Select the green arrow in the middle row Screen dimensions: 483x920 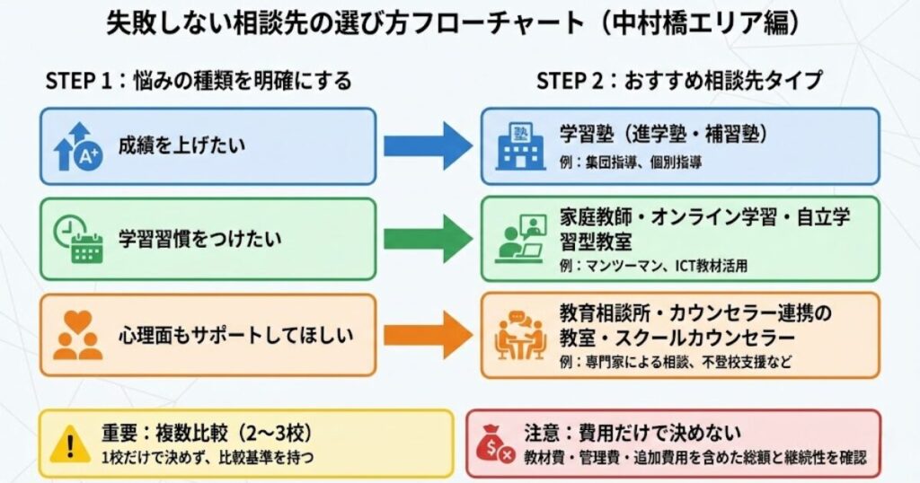pos(427,239)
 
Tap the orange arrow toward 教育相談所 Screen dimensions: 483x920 pos(427,335)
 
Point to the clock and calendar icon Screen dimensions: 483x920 pos(77,240)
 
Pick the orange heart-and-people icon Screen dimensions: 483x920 pos(77,336)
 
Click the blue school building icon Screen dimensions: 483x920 pos(520,146)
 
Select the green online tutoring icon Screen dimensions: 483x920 pos(520,239)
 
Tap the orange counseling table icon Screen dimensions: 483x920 pos(520,335)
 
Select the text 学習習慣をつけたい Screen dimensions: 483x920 pos(199,240)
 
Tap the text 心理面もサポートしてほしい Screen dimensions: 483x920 pos(235,336)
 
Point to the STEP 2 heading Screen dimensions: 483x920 pos(678,80)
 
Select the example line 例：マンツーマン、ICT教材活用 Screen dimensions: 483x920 pos(653,266)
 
